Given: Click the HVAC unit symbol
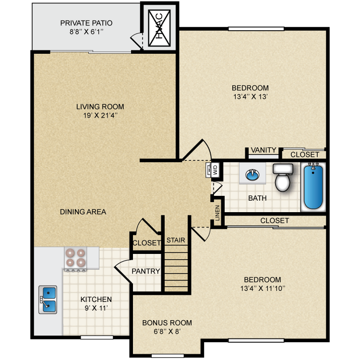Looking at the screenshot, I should tap(160, 29).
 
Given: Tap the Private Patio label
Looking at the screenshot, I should tap(86, 23).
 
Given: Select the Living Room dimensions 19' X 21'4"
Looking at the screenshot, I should tap(100, 115).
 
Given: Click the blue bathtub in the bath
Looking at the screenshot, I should tap(312, 186).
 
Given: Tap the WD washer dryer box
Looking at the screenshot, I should tap(215, 169).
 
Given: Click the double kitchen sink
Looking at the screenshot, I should tap(48, 300).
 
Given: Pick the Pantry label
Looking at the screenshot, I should tap(146, 271).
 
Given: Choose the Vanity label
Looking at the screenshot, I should tap(264, 150).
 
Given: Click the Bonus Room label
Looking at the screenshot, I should tap(167, 323).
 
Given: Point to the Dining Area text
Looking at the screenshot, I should tap(83, 212).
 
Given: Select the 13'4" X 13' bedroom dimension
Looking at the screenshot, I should tap(250, 96).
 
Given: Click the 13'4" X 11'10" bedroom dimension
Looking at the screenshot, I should tap(263, 288).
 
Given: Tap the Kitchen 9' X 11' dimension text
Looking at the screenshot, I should tap(96, 308).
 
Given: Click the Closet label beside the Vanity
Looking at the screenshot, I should tap(305, 155).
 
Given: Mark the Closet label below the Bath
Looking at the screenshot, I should tap(275, 220).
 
